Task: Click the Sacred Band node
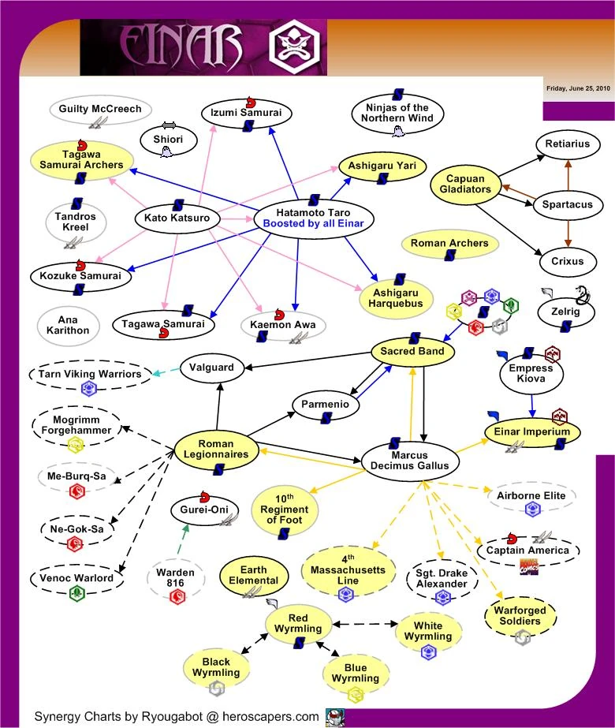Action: (x=413, y=351)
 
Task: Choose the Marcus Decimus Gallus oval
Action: (x=409, y=460)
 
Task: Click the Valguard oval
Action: (x=212, y=367)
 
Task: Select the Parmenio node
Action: (x=326, y=405)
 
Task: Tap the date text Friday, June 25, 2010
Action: (x=578, y=88)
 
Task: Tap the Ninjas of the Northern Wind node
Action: (x=397, y=113)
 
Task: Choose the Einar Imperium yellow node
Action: (x=533, y=431)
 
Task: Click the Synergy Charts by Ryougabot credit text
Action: (x=177, y=717)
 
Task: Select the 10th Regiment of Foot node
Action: (x=285, y=510)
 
